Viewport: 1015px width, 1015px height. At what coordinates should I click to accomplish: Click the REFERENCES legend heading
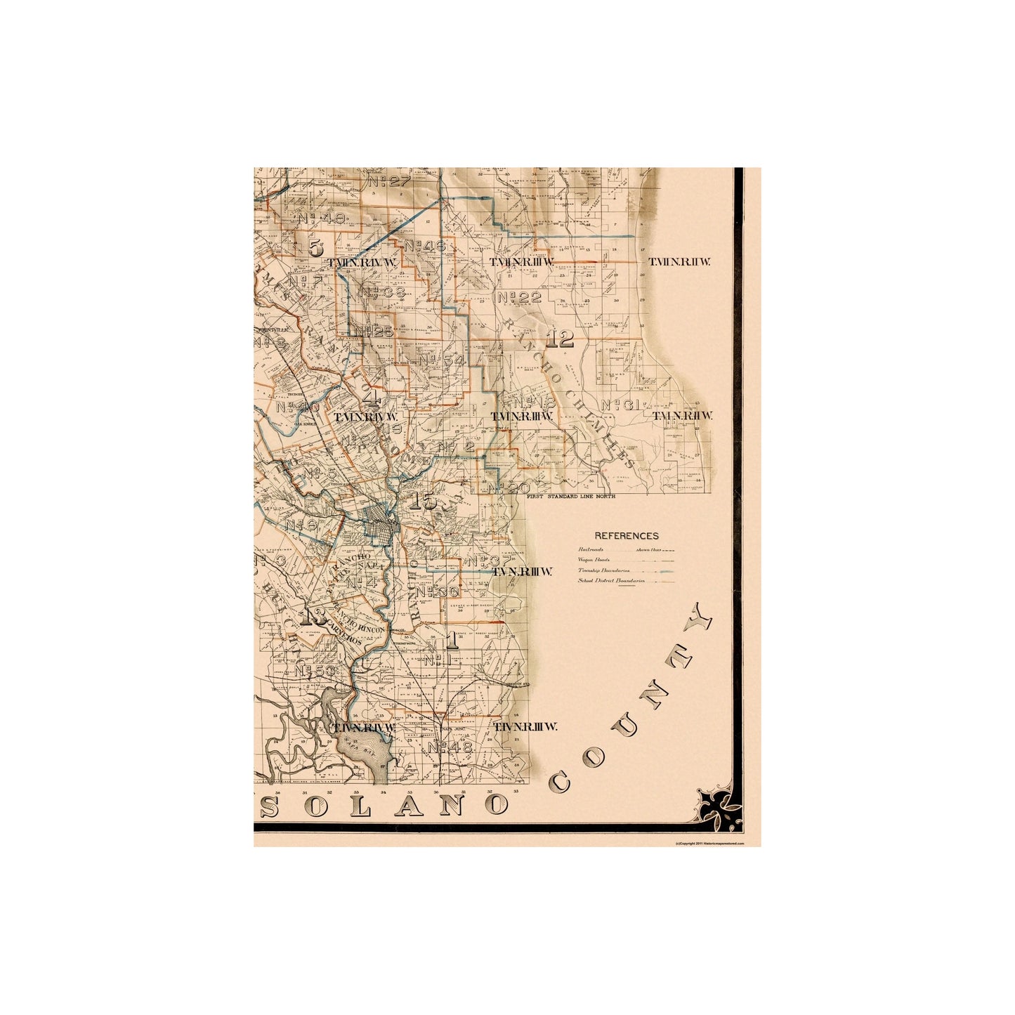pos(626,535)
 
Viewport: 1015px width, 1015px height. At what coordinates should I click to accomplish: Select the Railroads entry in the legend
pos(591,549)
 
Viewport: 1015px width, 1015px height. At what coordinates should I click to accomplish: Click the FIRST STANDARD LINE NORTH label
pos(570,497)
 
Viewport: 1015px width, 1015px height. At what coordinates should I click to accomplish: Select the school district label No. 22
pos(518,297)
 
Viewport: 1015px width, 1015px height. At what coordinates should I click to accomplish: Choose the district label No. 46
pos(424,247)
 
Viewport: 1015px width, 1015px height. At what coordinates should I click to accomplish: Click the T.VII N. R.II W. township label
pos(680,262)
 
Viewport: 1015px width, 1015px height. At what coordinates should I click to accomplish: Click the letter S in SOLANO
pos(269,808)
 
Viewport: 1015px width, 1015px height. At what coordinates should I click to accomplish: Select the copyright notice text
pos(708,842)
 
